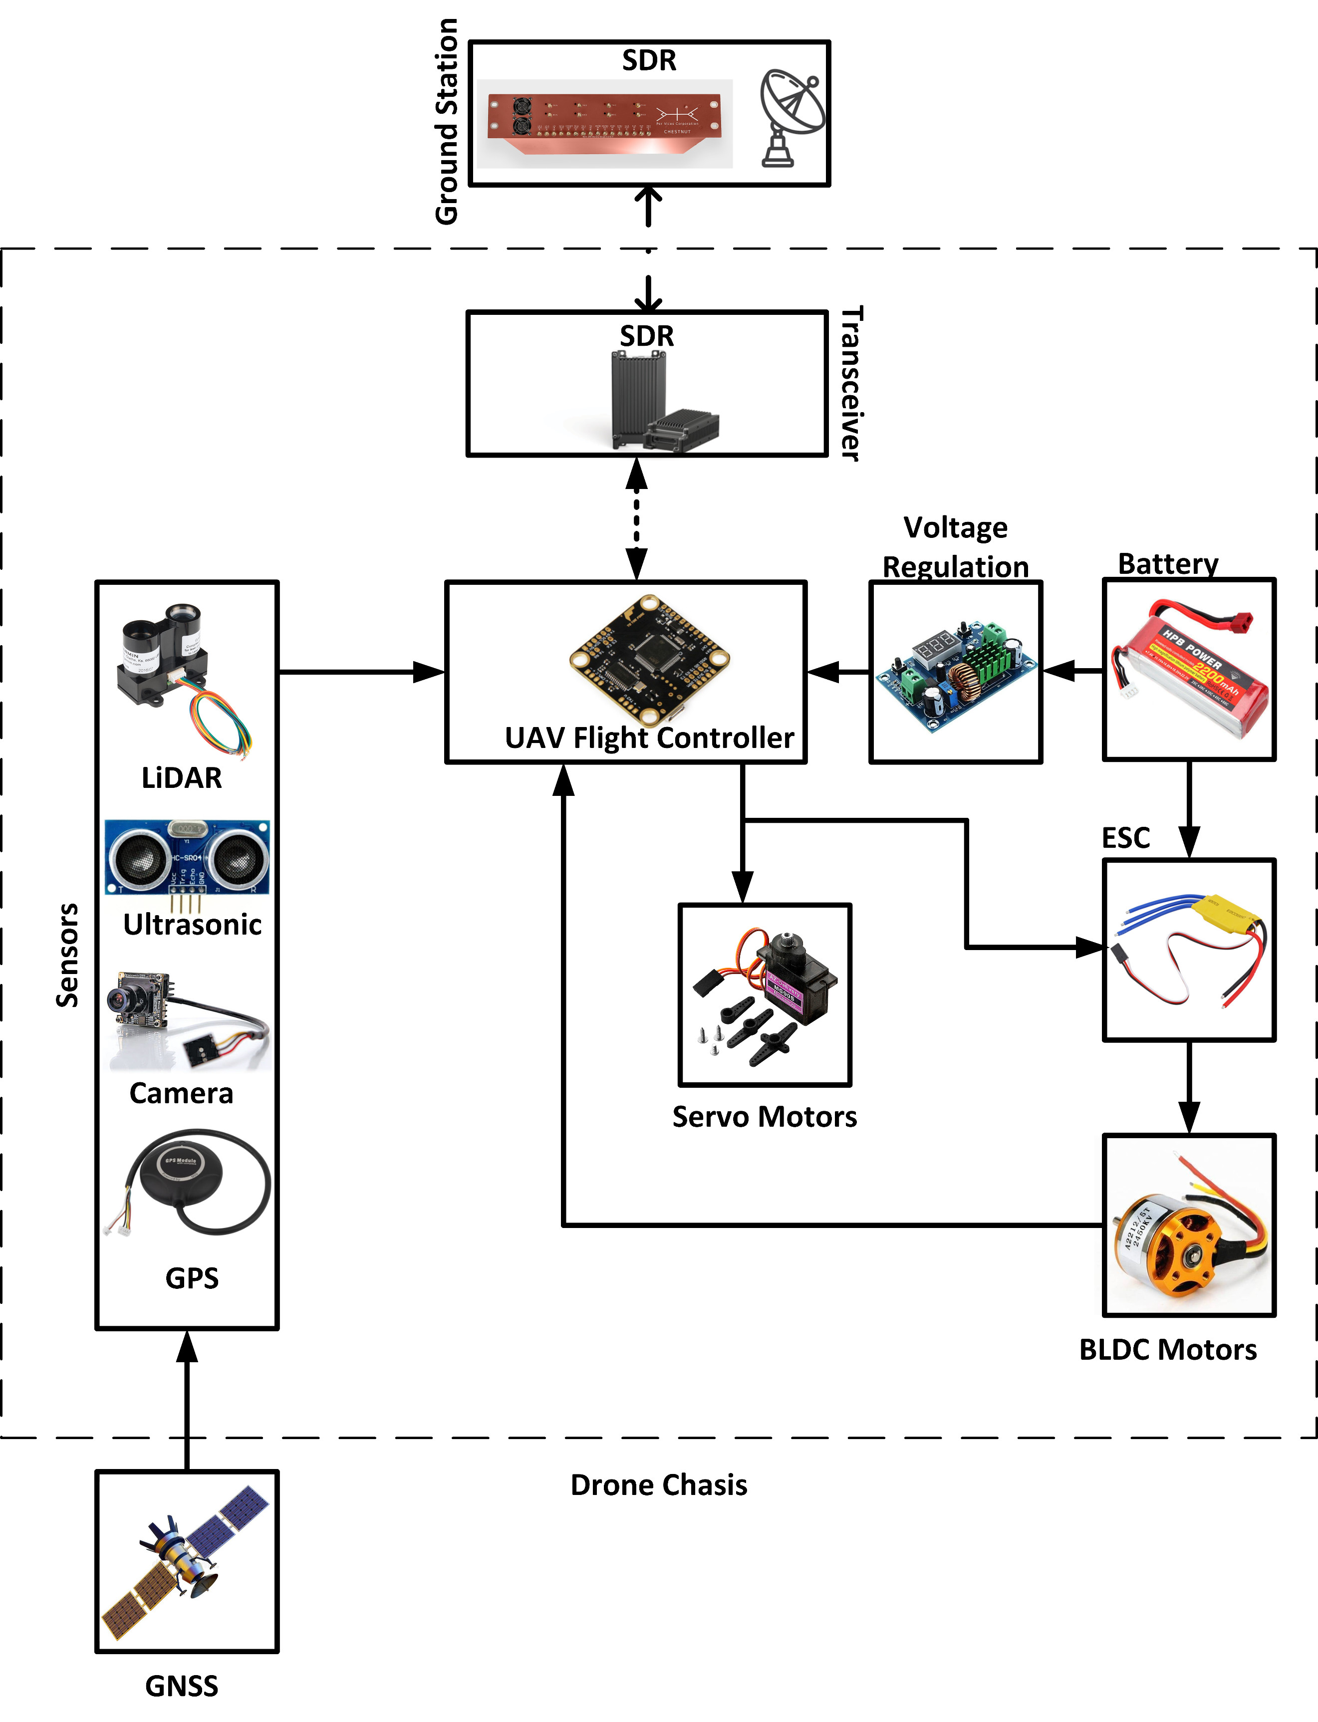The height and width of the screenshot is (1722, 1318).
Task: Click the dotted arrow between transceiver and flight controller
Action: tap(636, 518)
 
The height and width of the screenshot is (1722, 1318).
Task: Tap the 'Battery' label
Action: tap(1167, 563)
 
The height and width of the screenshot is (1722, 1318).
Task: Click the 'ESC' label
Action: tap(1126, 838)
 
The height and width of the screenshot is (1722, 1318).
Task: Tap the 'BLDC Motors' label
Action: tap(1167, 1349)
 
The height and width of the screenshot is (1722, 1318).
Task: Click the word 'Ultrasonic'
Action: tap(192, 924)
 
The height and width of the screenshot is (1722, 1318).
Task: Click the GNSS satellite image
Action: tap(187, 1561)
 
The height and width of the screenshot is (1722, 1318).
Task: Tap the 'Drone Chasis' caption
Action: tap(658, 1485)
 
